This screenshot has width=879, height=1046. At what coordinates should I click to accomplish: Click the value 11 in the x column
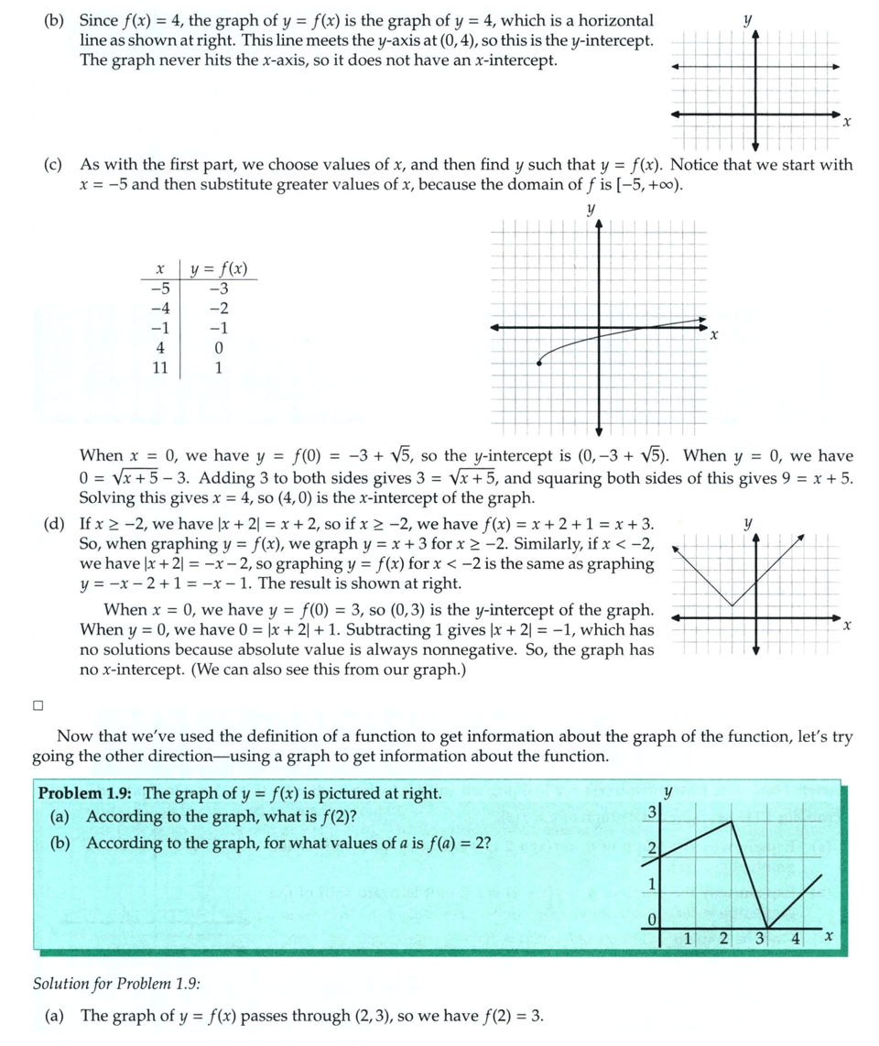coord(160,368)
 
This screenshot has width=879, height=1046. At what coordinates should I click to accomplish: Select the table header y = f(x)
coord(218,269)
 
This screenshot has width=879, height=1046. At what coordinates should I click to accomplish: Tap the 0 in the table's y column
coord(218,348)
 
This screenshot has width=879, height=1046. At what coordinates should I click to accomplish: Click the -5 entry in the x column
coord(160,289)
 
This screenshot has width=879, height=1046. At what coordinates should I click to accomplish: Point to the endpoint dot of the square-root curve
coord(538,364)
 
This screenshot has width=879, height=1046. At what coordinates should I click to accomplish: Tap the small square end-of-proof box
coord(38,705)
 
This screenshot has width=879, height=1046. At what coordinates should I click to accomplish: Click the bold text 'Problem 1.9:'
coord(89,793)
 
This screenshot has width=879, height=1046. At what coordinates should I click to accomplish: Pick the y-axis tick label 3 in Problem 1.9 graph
coord(651,812)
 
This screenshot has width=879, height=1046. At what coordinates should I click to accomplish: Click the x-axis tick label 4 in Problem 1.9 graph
coord(796,938)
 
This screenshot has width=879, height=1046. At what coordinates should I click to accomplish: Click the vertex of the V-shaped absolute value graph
coord(731,605)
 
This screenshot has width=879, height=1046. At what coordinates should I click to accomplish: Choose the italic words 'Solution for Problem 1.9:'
coord(116,985)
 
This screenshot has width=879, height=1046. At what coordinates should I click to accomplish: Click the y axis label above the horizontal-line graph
coord(748,18)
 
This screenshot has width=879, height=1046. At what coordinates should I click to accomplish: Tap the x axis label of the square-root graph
coord(714,337)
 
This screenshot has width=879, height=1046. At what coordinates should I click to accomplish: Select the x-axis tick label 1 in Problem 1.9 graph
coord(688,938)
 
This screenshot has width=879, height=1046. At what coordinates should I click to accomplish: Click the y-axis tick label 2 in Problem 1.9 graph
coord(651,849)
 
